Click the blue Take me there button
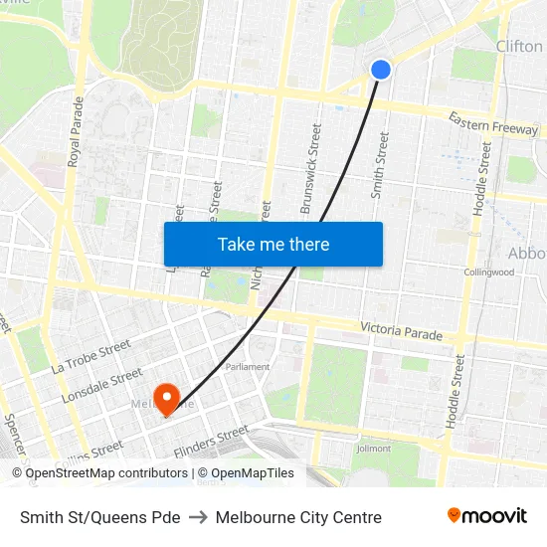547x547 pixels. click(x=273, y=244)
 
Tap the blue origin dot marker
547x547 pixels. click(x=381, y=69)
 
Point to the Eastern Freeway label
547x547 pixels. click(x=492, y=124)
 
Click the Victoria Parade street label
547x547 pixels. click(x=401, y=331)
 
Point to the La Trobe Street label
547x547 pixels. click(x=91, y=358)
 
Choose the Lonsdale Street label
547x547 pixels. click(x=101, y=386)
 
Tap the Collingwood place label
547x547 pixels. click(x=487, y=272)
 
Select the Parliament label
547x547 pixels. click(x=247, y=366)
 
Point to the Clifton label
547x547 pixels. click(x=519, y=46)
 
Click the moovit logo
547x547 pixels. click(x=487, y=515)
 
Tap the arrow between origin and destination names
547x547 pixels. click(x=198, y=517)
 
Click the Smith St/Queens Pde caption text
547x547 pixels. click(x=100, y=517)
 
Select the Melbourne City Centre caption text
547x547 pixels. click(x=298, y=517)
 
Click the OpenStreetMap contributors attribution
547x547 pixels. click(x=99, y=473)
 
